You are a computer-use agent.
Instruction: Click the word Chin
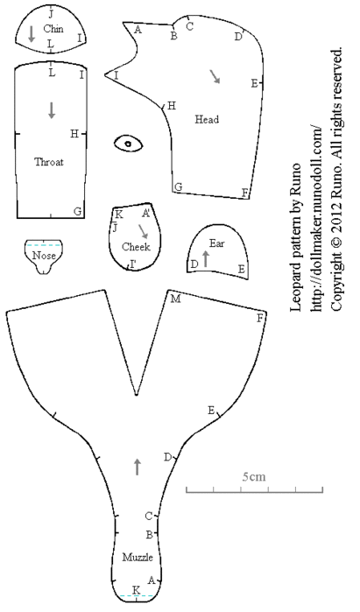[53, 29]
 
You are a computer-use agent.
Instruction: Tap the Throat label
[49, 162]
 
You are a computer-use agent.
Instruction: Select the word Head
[207, 119]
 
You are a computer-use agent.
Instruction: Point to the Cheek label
[136, 247]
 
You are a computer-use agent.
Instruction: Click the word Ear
[217, 243]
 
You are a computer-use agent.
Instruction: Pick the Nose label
[44, 256]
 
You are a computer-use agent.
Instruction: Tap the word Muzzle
[138, 557]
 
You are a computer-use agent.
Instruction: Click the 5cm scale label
[254, 476]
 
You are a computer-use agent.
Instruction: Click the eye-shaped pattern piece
[129, 144]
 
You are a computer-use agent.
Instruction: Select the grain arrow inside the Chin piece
[32, 34]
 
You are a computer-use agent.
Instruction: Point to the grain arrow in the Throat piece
[52, 110]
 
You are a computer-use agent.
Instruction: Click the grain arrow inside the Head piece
[215, 76]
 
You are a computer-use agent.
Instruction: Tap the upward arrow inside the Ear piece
[206, 259]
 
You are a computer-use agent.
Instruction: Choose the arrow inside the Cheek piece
[143, 231]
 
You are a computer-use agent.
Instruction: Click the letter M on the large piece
[176, 299]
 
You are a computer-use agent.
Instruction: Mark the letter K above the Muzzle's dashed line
[136, 590]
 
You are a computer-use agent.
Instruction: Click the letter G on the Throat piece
[78, 211]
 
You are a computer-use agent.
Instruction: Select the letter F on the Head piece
[244, 193]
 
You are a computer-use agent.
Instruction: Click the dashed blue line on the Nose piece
[44, 245]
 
